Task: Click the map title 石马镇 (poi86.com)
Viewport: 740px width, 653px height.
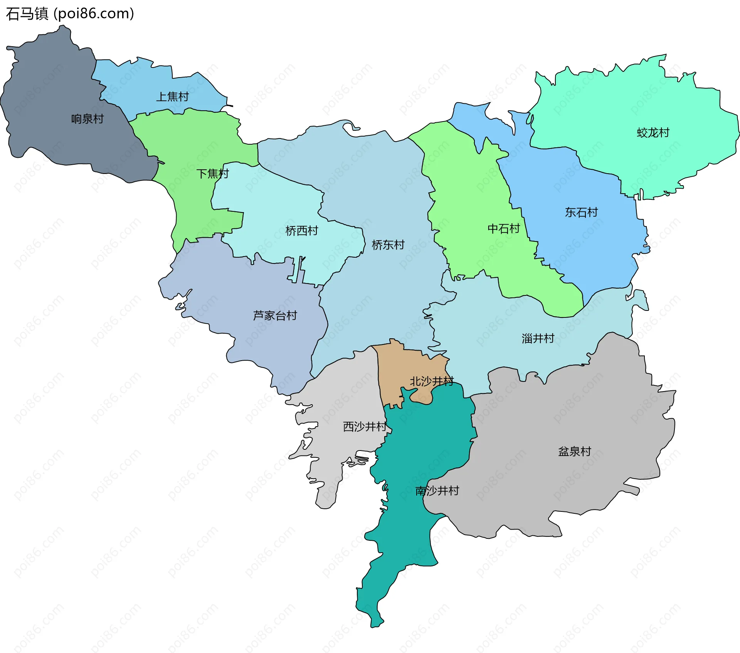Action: point(70,13)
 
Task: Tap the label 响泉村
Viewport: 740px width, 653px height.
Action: point(87,119)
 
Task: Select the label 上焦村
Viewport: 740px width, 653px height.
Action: point(172,96)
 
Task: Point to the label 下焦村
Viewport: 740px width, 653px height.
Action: point(213,174)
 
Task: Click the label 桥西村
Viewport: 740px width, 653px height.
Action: point(302,231)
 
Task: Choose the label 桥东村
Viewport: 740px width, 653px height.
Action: point(388,245)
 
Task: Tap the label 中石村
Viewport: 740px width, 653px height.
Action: point(504,229)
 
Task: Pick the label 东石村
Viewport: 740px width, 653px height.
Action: point(581,212)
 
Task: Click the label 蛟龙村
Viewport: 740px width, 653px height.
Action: point(653,133)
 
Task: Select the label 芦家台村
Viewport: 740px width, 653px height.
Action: point(275,316)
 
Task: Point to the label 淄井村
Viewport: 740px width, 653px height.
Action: point(538,338)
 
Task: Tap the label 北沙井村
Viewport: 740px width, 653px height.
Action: point(432,381)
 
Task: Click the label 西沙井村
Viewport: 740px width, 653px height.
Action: point(365,427)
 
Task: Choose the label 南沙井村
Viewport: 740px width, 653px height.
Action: point(437,491)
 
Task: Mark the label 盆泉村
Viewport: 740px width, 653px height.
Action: point(575,451)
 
